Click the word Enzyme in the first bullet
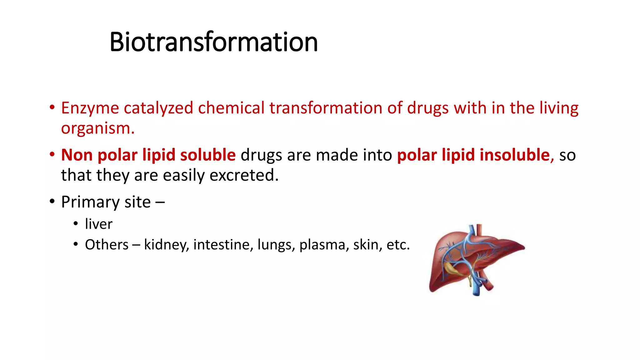(90, 108)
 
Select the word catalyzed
(158, 108)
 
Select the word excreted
(243, 175)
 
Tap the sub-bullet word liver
(98, 224)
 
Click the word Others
(107, 245)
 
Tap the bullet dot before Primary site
(52, 201)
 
